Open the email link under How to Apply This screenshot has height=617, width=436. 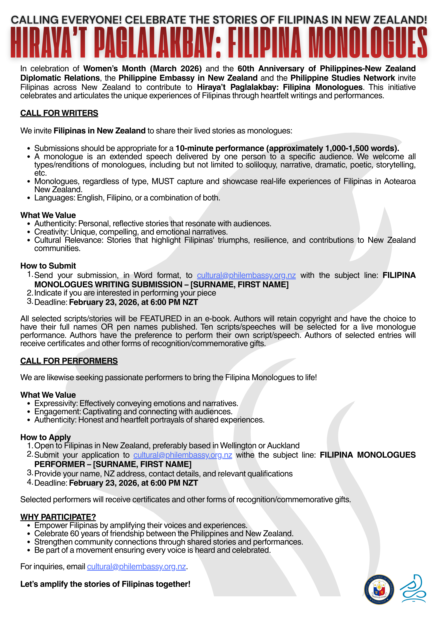[183, 455]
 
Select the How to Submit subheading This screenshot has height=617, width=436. [48, 266]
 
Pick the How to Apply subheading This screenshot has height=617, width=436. [45, 437]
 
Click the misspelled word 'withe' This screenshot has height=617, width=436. [245, 455]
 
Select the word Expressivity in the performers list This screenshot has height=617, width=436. [56, 403]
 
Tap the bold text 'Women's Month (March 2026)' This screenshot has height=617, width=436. [142, 69]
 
